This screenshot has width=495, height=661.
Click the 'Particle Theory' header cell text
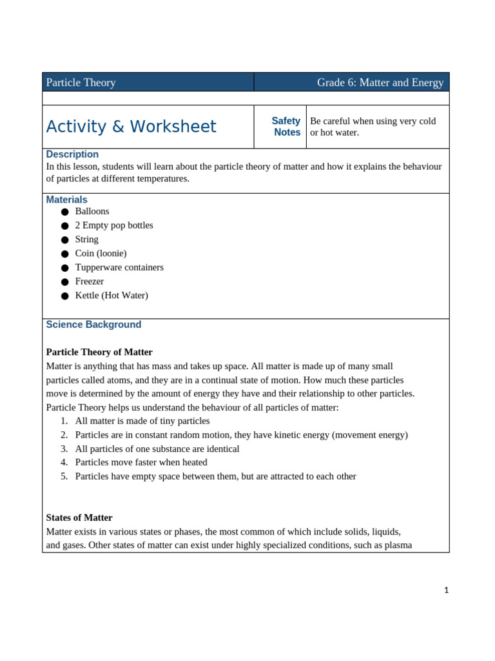pos(81,83)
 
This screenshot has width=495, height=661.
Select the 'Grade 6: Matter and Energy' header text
pos(380,83)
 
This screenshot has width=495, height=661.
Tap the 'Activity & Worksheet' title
pos(131,127)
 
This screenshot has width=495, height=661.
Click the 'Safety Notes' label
pos(286,127)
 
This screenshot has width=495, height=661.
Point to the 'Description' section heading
pos(72,154)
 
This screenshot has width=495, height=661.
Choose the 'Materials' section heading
pos(66,200)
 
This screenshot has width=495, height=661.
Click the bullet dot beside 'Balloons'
pos(64,212)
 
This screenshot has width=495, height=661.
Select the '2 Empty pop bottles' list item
pos(114,225)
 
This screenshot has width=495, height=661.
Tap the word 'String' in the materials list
pos(86,239)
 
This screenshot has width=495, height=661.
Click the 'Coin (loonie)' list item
pos(101,253)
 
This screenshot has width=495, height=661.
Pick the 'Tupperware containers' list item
pos(119,267)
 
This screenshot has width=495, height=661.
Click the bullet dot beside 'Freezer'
pos(64,282)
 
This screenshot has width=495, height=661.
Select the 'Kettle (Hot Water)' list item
pos(112,296)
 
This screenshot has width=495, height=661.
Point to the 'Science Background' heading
pos(93,325)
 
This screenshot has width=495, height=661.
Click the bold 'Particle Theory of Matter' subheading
pos(99,352)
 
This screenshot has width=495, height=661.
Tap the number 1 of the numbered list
pos(64,421)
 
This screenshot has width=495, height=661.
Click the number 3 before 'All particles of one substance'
pos(64,449)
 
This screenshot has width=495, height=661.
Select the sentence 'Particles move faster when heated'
pos(141,462)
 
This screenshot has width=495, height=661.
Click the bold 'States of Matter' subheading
pos(79,518)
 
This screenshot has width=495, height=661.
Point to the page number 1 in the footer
pos(445,590)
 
